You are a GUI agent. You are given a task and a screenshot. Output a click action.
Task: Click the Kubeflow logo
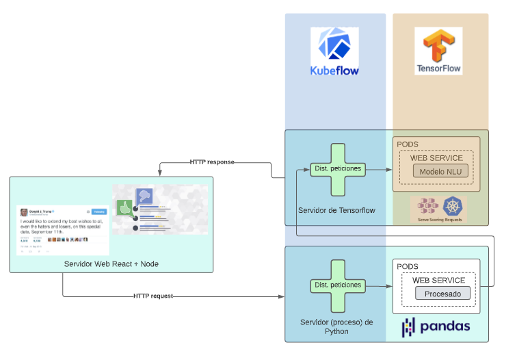click(334, 51)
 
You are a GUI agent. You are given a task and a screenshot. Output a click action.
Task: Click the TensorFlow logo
click(438, 51)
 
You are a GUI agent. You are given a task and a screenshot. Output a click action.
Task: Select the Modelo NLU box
click(440, 171)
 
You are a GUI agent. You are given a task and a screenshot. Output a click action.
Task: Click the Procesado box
click(443, 294)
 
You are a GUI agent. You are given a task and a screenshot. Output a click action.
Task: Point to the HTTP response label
click(212, 162)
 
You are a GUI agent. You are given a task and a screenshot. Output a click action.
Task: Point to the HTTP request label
click(153, 296)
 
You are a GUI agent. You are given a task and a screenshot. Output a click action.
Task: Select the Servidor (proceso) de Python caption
click(336, 326)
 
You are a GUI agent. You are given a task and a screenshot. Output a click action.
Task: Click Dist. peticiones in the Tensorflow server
click(337, 168)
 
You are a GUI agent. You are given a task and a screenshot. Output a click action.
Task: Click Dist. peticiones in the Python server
click(337, 285)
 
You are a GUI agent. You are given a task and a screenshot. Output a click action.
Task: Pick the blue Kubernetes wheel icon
click(453, 207)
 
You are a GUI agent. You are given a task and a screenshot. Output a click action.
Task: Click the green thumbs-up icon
click(124, 207)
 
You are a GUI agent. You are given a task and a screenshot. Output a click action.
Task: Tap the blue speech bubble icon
click(144, 197)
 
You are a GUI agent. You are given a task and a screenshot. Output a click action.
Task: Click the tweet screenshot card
click(63, 230)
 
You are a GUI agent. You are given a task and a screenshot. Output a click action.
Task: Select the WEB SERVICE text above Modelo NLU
click(436, 158)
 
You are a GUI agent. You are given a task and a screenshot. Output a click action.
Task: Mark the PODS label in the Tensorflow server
click(408, 144)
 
